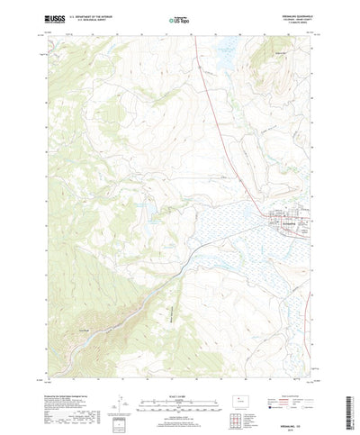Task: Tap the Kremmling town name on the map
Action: pos(285,220)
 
